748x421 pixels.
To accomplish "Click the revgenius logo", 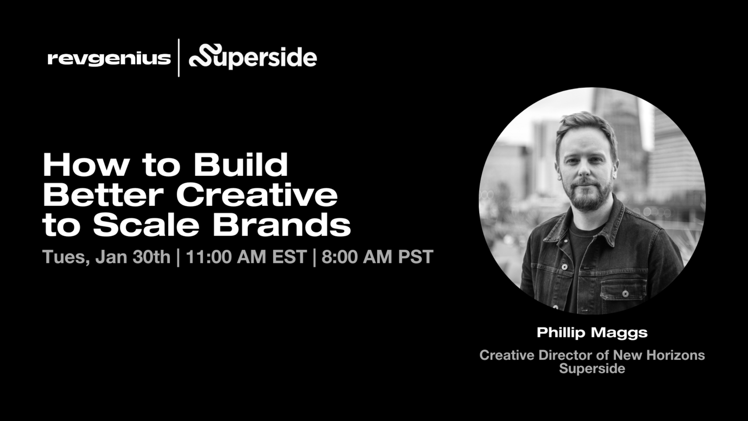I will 109,58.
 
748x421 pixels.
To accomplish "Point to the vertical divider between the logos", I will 179,58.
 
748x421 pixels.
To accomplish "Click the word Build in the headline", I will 241,165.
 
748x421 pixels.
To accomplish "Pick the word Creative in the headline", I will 257,195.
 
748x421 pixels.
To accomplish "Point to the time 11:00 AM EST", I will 246,257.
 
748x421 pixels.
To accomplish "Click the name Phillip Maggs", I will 592,333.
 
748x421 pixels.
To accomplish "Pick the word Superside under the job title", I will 592,368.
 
